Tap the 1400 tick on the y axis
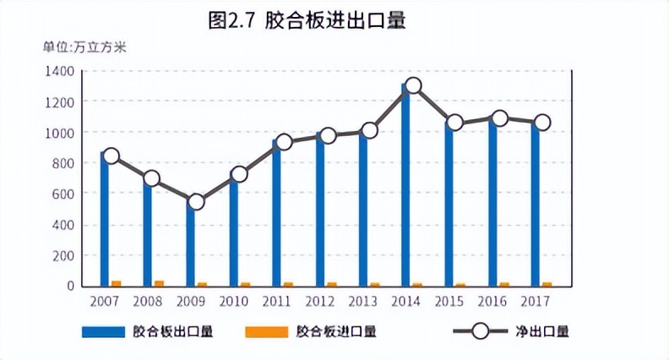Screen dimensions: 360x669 (59, 71)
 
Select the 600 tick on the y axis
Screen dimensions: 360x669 (63, 194)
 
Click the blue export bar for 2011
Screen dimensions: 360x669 (276, 215)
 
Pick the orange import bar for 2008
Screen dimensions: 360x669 (159, 283)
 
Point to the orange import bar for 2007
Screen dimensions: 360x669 (117, 283)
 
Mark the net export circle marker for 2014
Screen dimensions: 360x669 (413, 85)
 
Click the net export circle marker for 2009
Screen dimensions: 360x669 (196, 202)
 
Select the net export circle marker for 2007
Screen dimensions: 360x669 (110, 155)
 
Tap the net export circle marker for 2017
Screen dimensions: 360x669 (542, 123)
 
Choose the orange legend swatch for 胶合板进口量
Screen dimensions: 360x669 (264, 332)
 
